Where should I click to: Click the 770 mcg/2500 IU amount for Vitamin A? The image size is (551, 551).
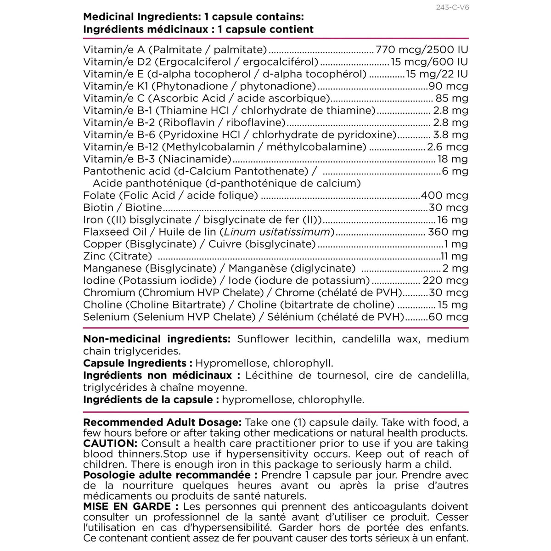[422, 50]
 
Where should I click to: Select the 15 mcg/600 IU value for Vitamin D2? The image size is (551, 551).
[429, 62]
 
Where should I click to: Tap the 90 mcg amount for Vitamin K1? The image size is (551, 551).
[448, 86]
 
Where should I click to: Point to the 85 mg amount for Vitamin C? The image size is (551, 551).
[451, 98]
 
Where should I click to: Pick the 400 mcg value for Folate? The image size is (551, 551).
[444, 196]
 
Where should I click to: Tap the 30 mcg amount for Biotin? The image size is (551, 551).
[448, 208]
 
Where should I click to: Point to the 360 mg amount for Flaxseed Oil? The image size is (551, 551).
[448, 232]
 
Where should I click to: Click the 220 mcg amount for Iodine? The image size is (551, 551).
[444, 281]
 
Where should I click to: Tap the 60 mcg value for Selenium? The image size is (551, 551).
[448, 317]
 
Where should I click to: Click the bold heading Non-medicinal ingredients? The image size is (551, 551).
[157, 339]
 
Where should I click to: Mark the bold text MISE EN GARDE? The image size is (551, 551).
[127, 507]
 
